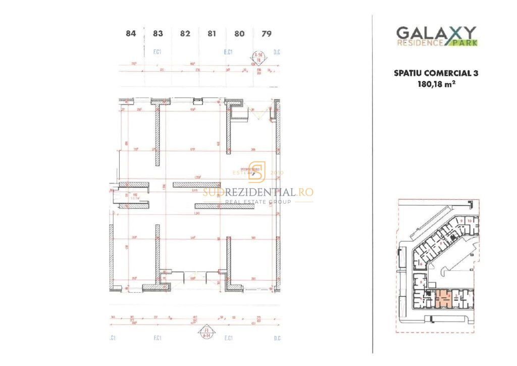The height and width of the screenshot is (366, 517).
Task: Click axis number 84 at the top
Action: (x=131, y=34)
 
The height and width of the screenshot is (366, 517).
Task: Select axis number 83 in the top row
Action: (x=158, y=34)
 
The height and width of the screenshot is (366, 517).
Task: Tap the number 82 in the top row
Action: (x=185, y=34)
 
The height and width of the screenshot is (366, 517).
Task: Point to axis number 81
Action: (x=212, y=34)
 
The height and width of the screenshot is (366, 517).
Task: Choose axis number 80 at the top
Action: (x=239, y=34)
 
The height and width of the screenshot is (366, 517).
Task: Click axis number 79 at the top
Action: (x=267, y=34)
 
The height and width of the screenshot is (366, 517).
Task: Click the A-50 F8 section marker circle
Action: (x=258, y=57)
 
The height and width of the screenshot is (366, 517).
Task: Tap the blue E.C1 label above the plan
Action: (x=228, y=52)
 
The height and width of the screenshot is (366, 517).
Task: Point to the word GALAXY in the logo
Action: (x=435, y=33)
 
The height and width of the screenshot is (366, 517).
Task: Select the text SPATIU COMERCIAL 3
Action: (x=436, y=73)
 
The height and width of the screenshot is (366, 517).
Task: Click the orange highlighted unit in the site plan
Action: (x=443, y=299)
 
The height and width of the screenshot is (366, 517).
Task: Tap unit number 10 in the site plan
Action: (x=469, y=221)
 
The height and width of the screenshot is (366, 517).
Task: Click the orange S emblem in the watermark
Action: (x=257, y=172)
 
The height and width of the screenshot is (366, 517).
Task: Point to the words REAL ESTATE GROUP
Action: (x=258, y=202)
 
